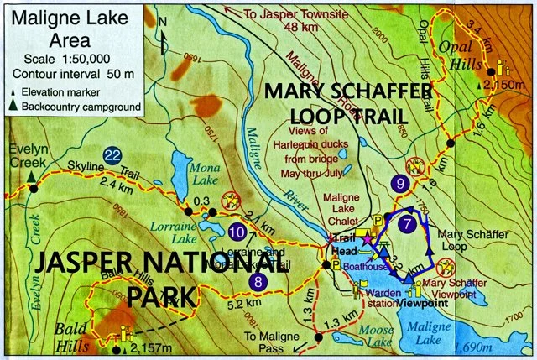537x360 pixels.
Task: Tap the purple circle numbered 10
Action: click(237, 231)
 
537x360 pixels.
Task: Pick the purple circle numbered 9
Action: click(401, 182)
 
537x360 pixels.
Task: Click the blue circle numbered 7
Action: click(407, 224)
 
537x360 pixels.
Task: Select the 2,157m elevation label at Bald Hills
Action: click(149, 349)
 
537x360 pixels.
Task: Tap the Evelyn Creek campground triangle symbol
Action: click(31, 176)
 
